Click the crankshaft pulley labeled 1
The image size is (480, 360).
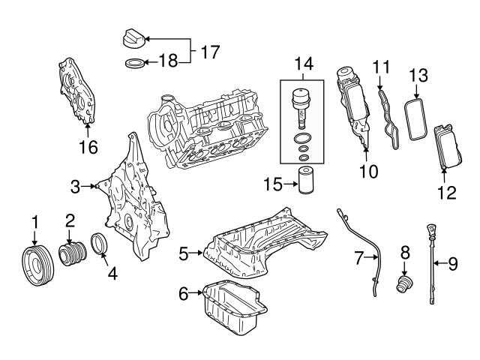click(x=38, y=265)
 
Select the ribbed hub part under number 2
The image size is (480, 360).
click(x=73, y=253)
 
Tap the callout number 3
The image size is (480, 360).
click(x=75, y=187)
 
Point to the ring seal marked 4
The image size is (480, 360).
click(x=99, y=244)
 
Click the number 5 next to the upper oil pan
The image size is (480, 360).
click(x=184, y=253)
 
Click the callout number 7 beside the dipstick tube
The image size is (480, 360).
click(x=359, y=258)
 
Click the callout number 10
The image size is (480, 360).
click(x=369, y=172)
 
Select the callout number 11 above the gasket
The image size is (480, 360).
click(x=382, y=67)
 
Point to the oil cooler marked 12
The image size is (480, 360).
click(x=448, y=147)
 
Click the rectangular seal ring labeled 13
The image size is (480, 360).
click(x=415, y=118)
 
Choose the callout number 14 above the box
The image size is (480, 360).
click(x=304, y=64)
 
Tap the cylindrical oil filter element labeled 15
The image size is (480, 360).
click(x=307, y=180)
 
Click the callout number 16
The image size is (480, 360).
click(x=88, y=147)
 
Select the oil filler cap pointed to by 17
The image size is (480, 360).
click(x=133, y=38)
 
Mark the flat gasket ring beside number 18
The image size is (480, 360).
click(x=135, y=63)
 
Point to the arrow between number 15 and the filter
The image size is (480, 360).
click(x=291, y=184)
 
